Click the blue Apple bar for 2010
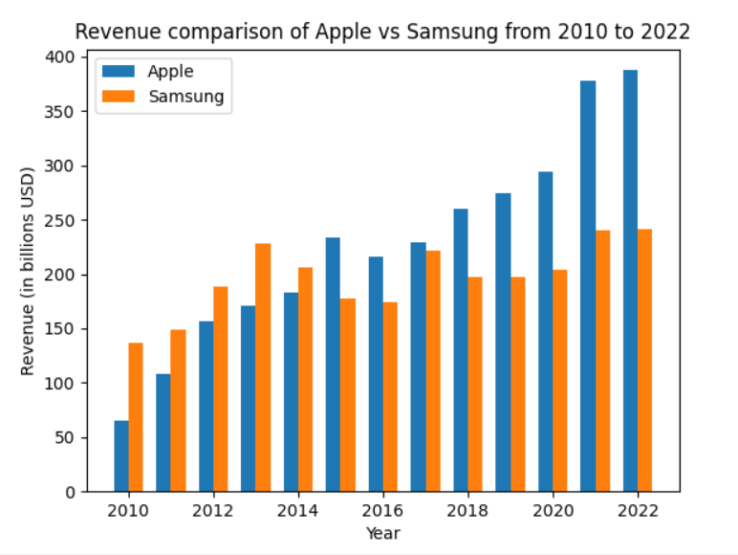point(121,456)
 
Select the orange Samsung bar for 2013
point(263,367)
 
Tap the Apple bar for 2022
point(631,280)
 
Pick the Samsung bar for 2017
point(433,371)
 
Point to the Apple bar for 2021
point(588,286)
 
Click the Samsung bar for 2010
point(136,417)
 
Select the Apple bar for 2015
point(333,365)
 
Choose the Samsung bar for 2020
point(560,381)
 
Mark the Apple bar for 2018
point(461,350)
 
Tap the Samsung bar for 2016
point(390,397)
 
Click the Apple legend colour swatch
point(119,71)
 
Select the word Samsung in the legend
point(186,97)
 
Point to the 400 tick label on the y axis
point(60,57)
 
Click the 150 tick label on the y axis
point(60,329)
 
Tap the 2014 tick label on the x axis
point(297,511)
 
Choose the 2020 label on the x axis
point(553,511)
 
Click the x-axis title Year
point(383,533)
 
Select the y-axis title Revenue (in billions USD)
point(28,272)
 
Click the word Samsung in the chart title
point(452,33)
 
